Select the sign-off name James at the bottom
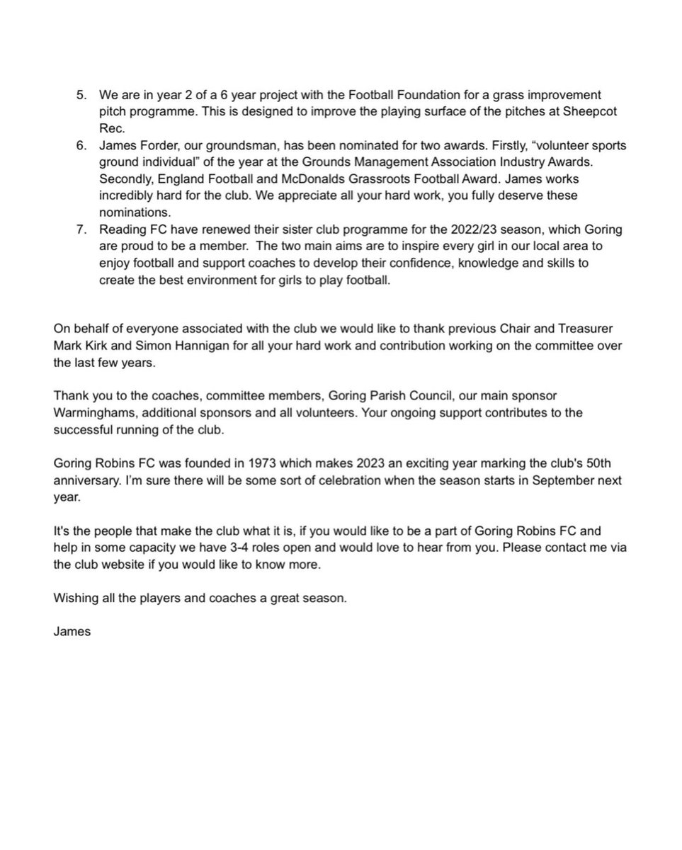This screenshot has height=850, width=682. [72, 631]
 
